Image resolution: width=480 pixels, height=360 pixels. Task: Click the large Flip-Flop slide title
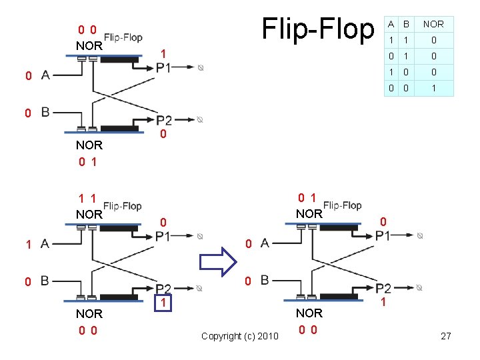[318, 29]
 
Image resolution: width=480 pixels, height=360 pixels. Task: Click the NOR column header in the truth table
[433, 24]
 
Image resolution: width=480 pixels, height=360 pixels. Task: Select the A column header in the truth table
[391, 24]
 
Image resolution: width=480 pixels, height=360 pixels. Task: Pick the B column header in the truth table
[405, 24]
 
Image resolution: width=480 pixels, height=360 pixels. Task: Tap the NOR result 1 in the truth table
[433, 88]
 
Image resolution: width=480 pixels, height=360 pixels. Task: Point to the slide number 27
[446, 336]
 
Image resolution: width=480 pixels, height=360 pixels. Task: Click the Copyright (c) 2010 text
[239, 336]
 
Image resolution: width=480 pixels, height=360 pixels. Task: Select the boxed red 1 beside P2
[163, 303]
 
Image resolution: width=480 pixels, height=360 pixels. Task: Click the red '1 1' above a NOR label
[86, 199]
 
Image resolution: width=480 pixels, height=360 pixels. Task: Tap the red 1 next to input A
[27, 245]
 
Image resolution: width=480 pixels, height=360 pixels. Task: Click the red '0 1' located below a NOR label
[87, 161]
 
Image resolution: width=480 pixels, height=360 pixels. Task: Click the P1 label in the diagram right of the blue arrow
[383, 235]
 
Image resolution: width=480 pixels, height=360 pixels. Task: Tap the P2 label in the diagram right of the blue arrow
[383, 288]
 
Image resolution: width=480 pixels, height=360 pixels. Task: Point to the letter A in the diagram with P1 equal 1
[45, 75]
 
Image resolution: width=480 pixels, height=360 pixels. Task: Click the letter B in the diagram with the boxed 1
[45, 281]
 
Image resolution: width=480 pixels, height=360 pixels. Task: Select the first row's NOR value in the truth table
[433, 40]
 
